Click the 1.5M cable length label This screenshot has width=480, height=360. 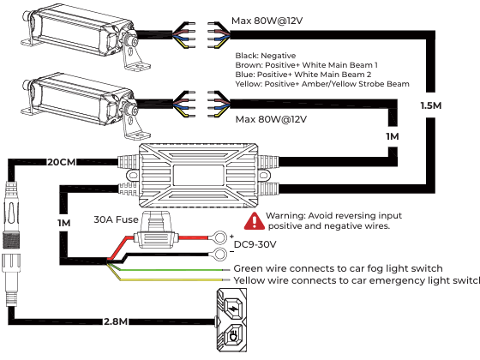pyautogui.click(x=431, y=105)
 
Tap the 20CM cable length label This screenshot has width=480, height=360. pyautogui.click(x=62, y=162)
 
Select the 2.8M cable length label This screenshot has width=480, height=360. pyautogui.click(x=116, y=321)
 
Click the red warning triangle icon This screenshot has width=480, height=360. pyautogui.click(x=254, y=221)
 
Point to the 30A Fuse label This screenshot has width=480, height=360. pyautogui.click(x=116, y=219)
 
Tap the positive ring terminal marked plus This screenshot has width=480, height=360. pyautogui.click(x=219, y=237)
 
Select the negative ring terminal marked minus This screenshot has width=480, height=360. pyautogui.click(x=219, y=254)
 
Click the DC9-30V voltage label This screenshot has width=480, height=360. pyautogui.click(x=255, y=244)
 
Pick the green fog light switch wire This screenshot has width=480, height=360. pyautogui.click(x=168, y=269)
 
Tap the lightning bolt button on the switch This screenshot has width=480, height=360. pyautogui.click(x=234, y=308)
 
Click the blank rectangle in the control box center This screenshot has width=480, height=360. pyautogui.click(x=198, y=175)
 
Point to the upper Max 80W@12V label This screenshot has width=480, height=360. pyautogui.click(x=267, y=21)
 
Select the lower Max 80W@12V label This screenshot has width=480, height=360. pyautogui.click(x=271, y=119)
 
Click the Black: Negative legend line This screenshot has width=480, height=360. pyautogui.click(x=266, y=56)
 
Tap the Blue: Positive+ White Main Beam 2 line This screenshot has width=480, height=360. pyautogui.click(x=303, y=75)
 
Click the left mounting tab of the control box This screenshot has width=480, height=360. pyautogui.click(x=133, y=176)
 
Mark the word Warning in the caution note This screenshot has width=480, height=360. pyautogui.click(x=285, y=216)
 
